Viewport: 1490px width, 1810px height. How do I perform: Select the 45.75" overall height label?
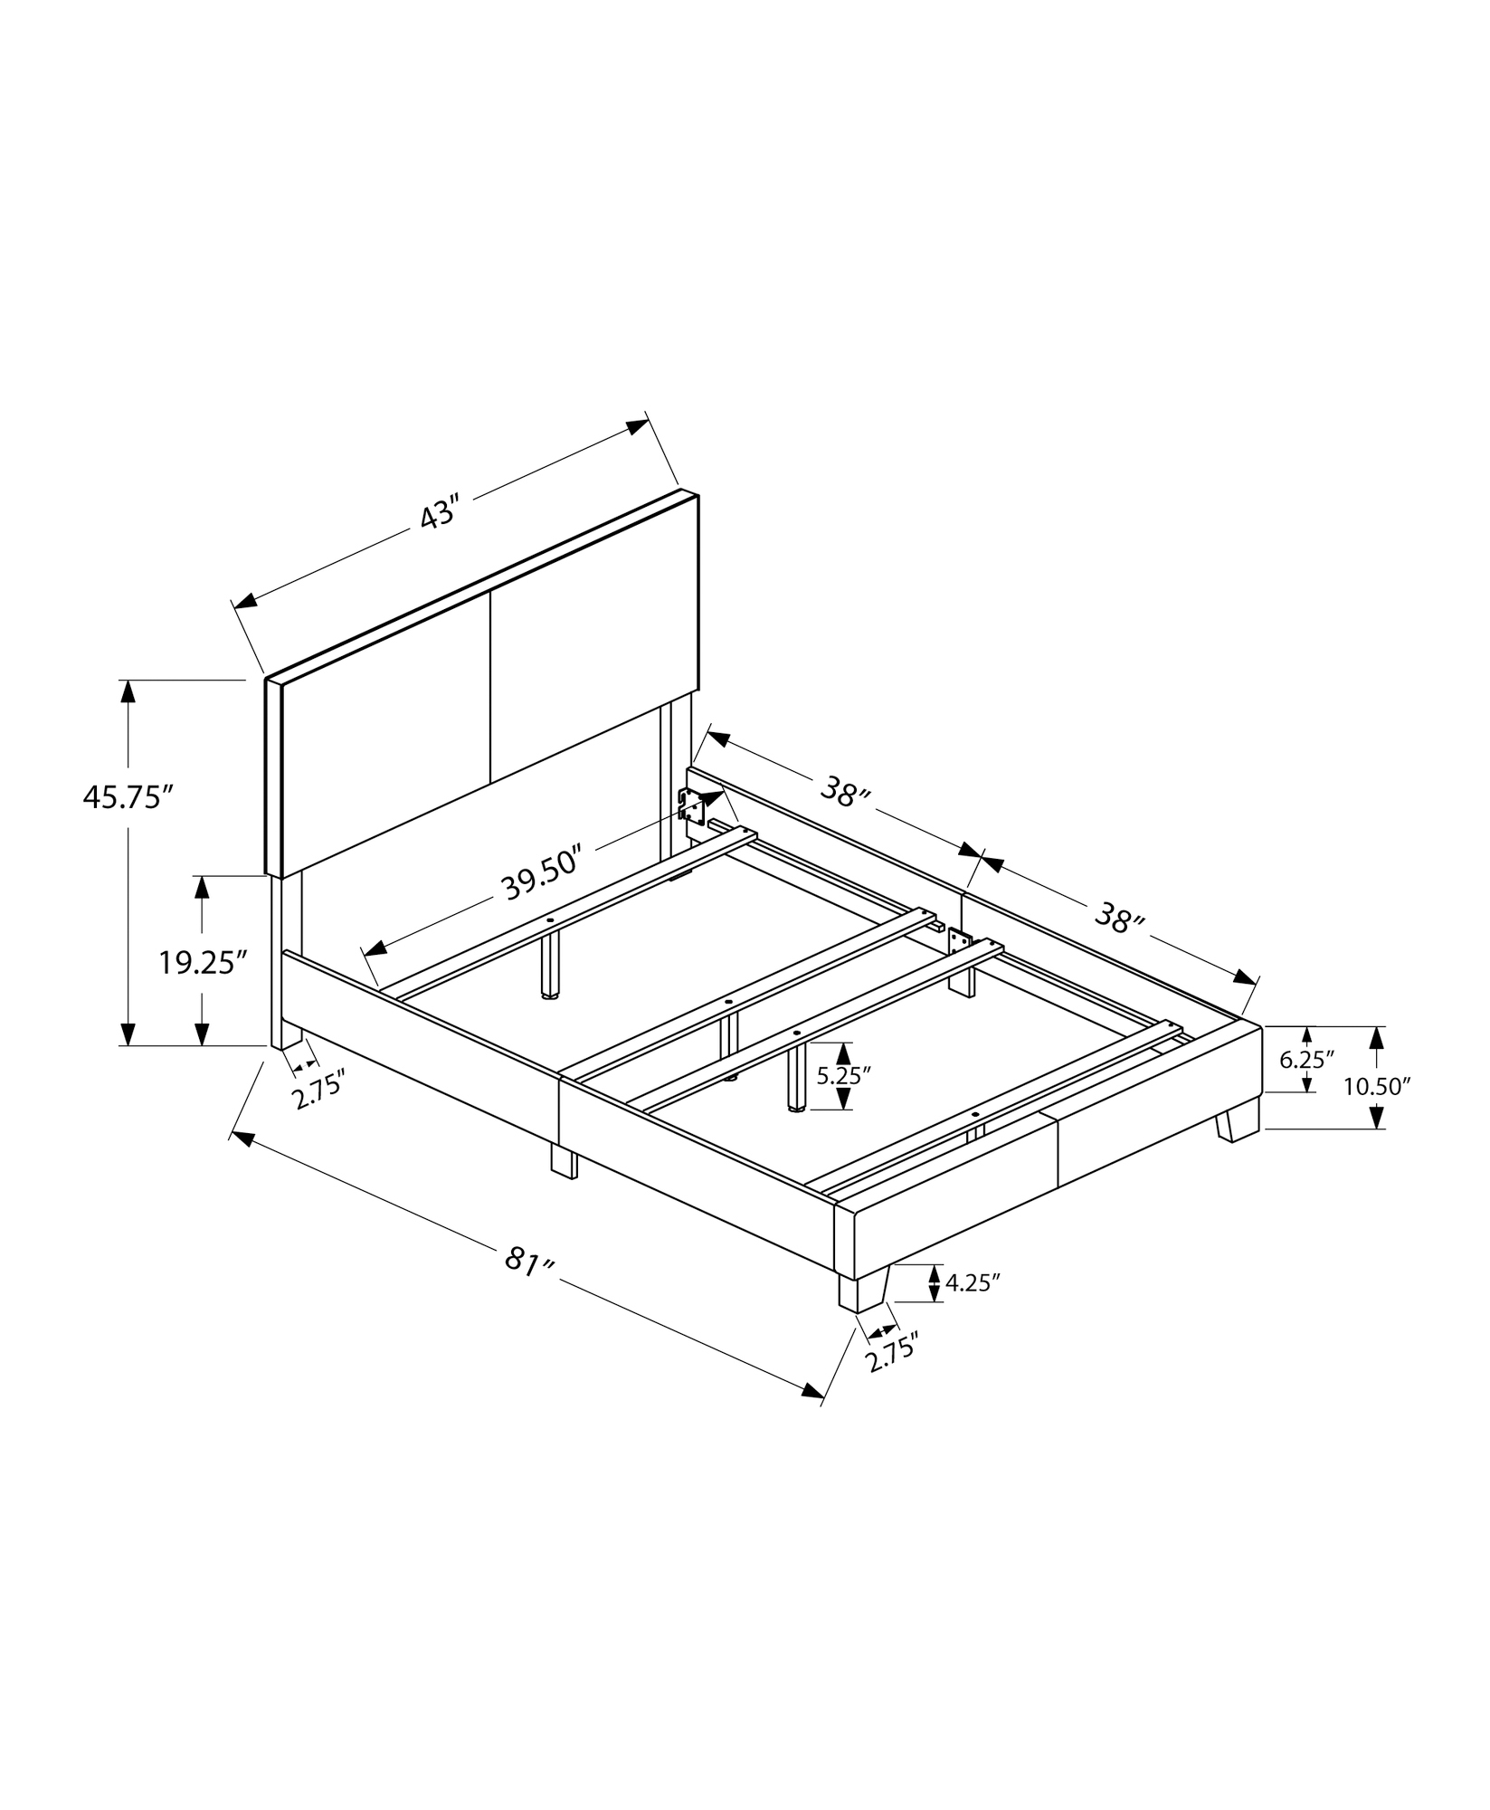pyautogui.click(x=128, y=797)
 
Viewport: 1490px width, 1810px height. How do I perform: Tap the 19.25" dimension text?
pyautogui.click(x=203, y=962)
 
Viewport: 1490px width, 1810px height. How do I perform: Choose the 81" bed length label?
pyautogui.click(x=528, y=1261)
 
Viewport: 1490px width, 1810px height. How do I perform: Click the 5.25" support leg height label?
pyautogui.click(x=843, y=1075)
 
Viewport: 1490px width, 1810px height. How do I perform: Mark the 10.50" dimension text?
pyautogui.click(x=1377, y=1086)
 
